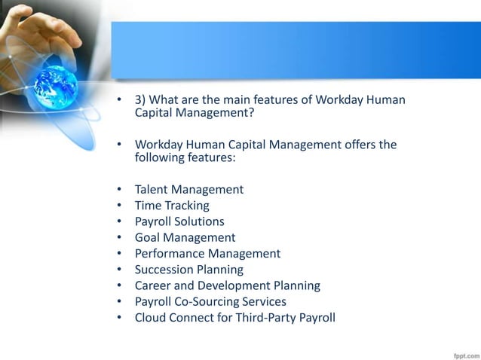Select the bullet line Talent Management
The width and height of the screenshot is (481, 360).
pyautogui.click(x=188, y=190)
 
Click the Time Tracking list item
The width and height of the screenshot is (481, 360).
pyautogui.click(x=172, y=206)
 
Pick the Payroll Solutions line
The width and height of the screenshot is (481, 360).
pyautogui.click(x=179, y=221)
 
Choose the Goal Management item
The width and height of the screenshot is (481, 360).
pyautogui.click(x=185, y=237)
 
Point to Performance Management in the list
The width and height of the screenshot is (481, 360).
pyautogui.click(x=207, y=253)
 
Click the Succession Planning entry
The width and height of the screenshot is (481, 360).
pyautogui.click(x=188, y=270)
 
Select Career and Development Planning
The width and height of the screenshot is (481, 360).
pyautogui.click(x=227, y=285)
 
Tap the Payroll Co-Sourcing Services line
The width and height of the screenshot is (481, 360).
pyautogui.click(x=210, y=301)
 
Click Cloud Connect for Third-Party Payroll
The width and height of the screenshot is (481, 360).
pyautogui.click(x=234, y=317)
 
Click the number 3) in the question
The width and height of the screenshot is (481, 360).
pyautogui.click(x=142, y=99)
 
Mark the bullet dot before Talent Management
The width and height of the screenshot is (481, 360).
pyautogui.click(x=119, y=190)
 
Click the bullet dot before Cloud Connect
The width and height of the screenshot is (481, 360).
pyautogui.click(x=119, y=317)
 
